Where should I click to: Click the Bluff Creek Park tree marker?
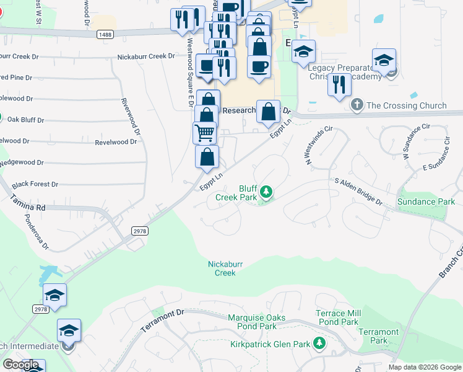[x=266, y=192]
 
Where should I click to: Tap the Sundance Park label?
[x=426, y=201]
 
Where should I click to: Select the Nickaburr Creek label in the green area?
[x=225, y=268]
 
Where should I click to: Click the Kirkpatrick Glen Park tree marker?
[x=319, y=343]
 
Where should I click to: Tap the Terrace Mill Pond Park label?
[x=337, y=317]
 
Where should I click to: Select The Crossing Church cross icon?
[x=357, y=105]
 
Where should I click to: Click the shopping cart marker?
[x=205, y=132]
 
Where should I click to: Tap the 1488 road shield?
[x=105, y=36]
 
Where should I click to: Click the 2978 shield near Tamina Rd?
[x=139, y=230]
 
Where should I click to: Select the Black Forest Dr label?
[x=35, y=184]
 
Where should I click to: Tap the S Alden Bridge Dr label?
[x=358, y=192]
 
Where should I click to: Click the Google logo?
[x=21, y=365]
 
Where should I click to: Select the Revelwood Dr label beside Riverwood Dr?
[x=116, y=142]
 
